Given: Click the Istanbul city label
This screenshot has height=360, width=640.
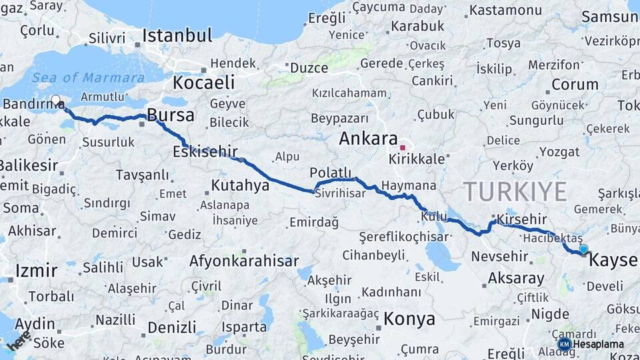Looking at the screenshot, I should pyautogui.click(x=177, y=35).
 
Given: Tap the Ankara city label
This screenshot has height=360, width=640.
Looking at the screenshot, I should pyautogui.click(x=368, y=139).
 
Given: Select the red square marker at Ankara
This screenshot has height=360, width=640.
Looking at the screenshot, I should pyautogui.click(x=403, y=147).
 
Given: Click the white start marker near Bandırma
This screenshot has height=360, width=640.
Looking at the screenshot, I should pyautogui.click(x=56, y=101).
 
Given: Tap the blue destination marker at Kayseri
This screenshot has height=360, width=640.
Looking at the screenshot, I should pyautogui.click(x=584, y=250).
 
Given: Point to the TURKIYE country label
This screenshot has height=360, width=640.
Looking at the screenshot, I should pyautogui.click(x=515, y=191).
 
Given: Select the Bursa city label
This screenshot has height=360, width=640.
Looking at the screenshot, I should pyautogui.click(x=171, y=115).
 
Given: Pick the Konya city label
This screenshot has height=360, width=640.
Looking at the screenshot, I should pyautogui.click(x=409, y=319).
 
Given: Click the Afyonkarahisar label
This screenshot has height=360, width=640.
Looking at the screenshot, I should pyautogui.click(x=243, y=261).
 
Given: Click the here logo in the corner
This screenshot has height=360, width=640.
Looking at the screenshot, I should pyautogui.click(x=17, y=340).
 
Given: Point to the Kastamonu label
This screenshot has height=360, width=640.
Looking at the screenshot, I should pyautogui.click(x=505, y=11).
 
